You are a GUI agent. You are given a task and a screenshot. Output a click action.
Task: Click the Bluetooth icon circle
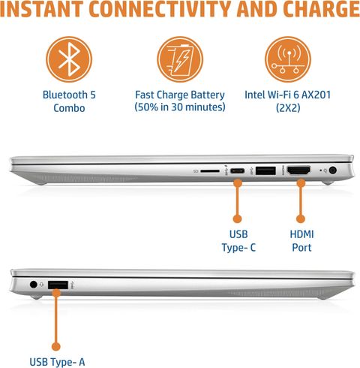click(x=69, y=59)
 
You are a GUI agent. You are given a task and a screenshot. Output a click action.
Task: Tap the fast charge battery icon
click(x=180, y=59)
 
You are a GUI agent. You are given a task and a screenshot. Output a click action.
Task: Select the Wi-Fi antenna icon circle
click(x=288, y=59)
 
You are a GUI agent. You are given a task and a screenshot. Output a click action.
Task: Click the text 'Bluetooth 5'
click(x=69, y=95)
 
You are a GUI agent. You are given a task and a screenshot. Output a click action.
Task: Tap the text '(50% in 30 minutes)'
click(x=180, y=107)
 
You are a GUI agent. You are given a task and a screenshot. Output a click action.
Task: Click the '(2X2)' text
click(x=288, y=108)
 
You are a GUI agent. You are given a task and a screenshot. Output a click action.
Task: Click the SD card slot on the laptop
click(x=210, y=171)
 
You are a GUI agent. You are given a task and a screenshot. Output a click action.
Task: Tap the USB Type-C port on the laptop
click(x=237, y=171)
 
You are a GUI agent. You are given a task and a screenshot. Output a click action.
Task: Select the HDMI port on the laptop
click(x=298, y=170)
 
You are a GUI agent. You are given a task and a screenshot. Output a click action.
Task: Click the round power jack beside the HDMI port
click(x=332, y=170)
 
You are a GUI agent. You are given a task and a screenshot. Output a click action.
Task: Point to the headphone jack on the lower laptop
click(x=34, y=285)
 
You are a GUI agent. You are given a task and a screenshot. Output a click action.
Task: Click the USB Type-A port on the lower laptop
click(x=58, y=285)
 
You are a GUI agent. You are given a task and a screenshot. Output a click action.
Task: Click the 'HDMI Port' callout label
click(x=301, y=241)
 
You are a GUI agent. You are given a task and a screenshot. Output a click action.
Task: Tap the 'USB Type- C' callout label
click(x=238, y=241)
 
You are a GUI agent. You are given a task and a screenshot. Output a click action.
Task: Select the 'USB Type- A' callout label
click(x=57, y=362)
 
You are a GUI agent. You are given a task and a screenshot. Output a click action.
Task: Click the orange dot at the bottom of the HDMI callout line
click(x=301, y=219)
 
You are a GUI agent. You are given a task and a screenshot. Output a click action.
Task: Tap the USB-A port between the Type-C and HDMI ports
click(x=265, y=170)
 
